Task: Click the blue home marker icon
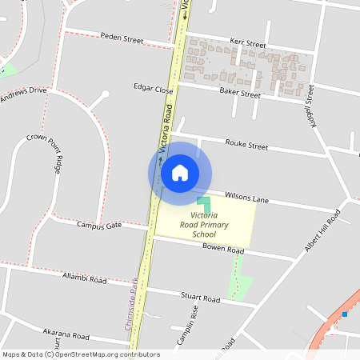(179, 173)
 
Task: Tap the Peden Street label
(122, 37)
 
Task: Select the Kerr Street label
(246, 44)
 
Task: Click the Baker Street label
(240, 94)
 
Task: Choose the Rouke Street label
(246, 146)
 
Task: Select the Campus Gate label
(99, 226)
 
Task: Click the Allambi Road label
(85, 279)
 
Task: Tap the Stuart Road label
(200, 298)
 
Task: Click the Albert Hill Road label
(322, 232)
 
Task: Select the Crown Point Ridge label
(44, 154)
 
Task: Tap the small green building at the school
(205, 205)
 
